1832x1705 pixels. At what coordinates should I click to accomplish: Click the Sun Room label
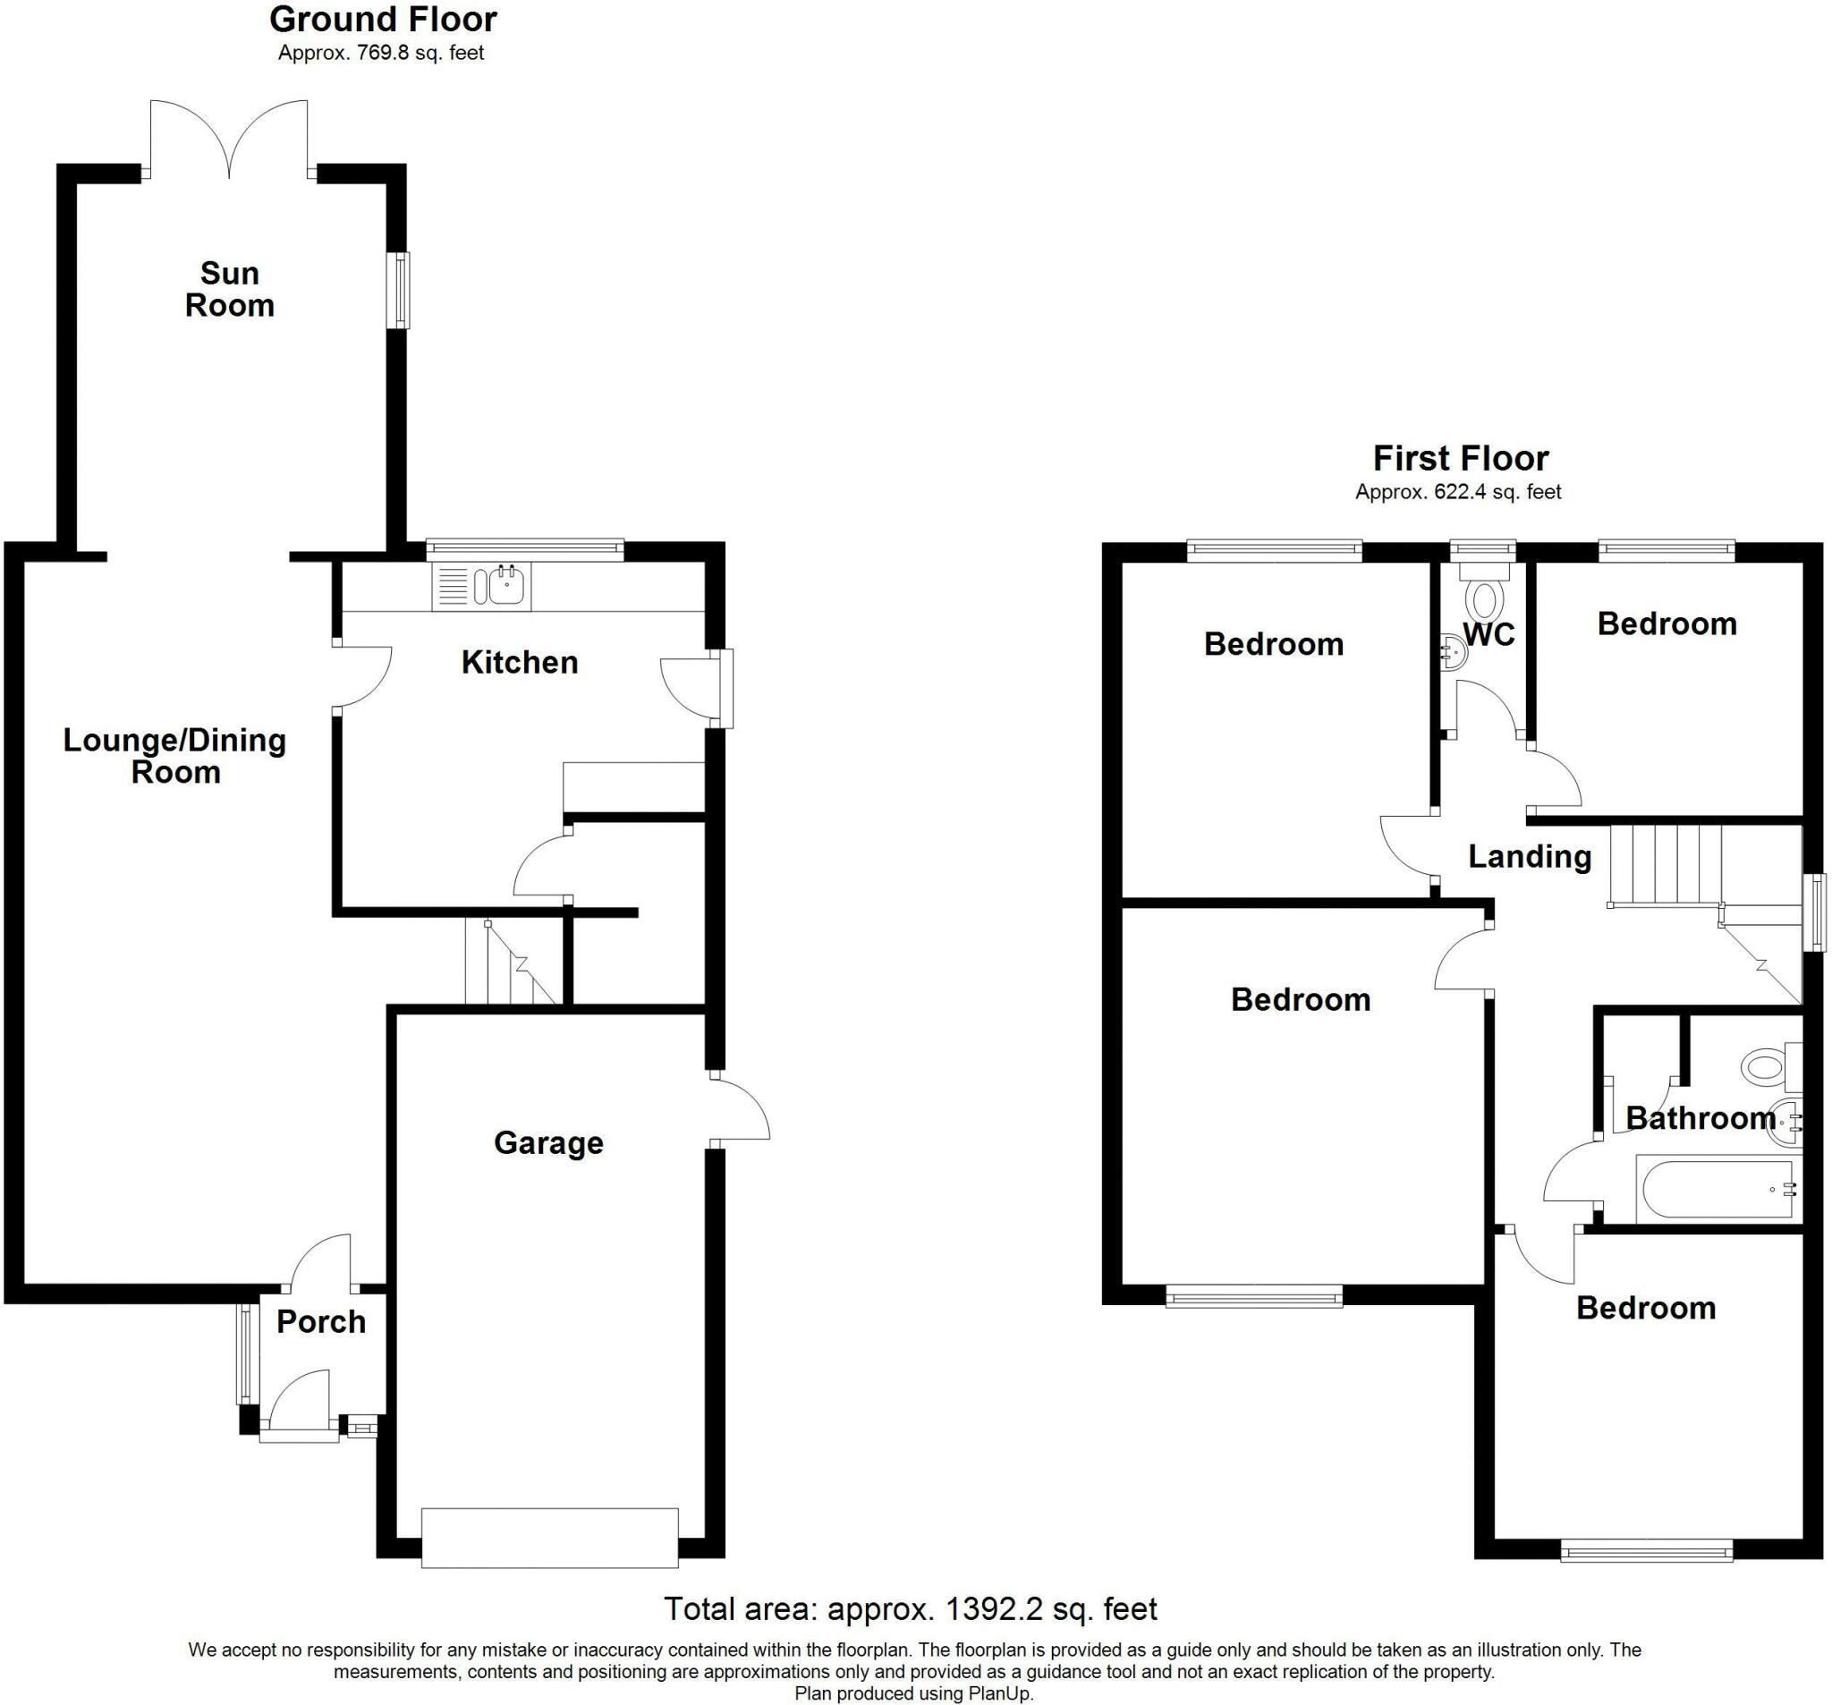[230, 290]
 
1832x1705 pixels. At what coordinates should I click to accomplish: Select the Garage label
[548, 1143]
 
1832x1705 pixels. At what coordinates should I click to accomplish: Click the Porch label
[321, 1321]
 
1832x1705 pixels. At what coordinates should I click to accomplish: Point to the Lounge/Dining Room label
[174, 756]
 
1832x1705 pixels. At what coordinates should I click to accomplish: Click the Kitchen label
[520, 662]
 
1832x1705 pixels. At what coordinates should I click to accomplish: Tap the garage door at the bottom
[550, 1537]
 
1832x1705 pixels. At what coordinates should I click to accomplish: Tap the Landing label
[1530, 856]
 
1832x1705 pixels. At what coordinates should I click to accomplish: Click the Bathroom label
[1701, 1118]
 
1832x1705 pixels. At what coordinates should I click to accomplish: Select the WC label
[1489, 634]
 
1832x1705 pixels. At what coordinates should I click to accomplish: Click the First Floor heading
[1461, 458]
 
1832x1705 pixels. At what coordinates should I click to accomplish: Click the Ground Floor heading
[383, 19]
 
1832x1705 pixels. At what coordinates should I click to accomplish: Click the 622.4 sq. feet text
[1497, 492]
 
